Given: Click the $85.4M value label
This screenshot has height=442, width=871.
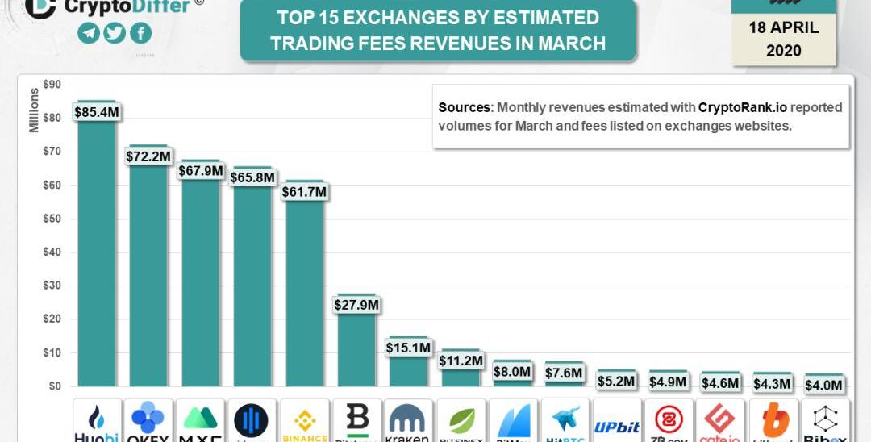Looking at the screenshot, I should coord(96,112).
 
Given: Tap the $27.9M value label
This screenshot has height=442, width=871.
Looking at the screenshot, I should coord(356,305).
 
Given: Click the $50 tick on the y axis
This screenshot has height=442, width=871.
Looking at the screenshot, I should coord(52,219).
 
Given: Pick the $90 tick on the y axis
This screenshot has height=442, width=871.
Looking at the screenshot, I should coord(52,84).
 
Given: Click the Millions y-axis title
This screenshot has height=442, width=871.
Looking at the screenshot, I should coord(34,110).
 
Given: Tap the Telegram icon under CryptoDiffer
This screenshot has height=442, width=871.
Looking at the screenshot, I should coord(89,33).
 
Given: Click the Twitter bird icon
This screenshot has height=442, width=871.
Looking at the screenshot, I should coord(115,33).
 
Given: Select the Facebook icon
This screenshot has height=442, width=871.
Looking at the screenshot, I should coord(140,33).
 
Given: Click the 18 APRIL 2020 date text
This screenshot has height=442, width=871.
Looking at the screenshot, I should coord(783,38).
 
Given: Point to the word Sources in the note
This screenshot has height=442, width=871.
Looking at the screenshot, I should coord(464,107).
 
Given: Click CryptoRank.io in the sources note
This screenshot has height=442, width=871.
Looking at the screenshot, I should coord(742,107).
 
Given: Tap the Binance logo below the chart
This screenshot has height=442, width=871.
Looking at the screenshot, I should coord(305,420).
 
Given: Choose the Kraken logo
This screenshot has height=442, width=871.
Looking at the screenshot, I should coord(408,420).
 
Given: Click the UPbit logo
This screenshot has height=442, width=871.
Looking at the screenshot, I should coord(616,427).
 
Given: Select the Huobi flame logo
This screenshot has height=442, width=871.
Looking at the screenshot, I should coord(97,418).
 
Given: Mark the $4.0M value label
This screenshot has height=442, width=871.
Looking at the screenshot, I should coord(824,386).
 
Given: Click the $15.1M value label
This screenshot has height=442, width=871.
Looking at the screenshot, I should coord(408,348).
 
